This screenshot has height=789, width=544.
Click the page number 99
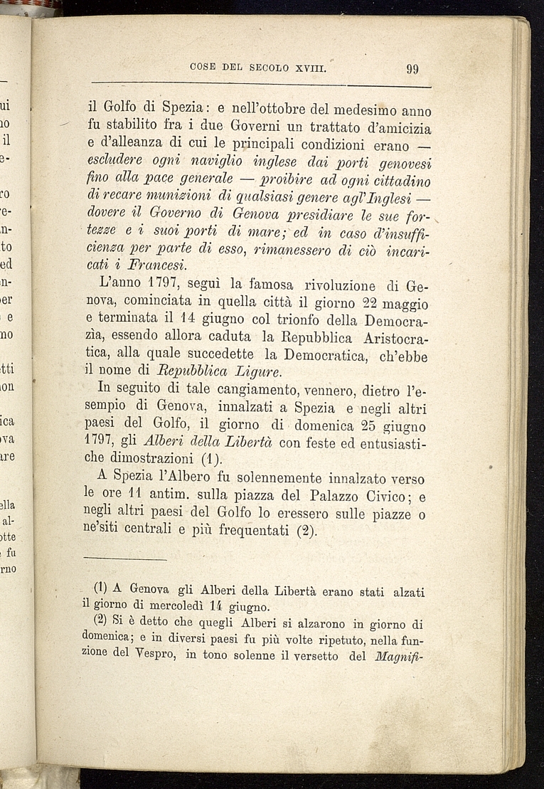tap(413, 70)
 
